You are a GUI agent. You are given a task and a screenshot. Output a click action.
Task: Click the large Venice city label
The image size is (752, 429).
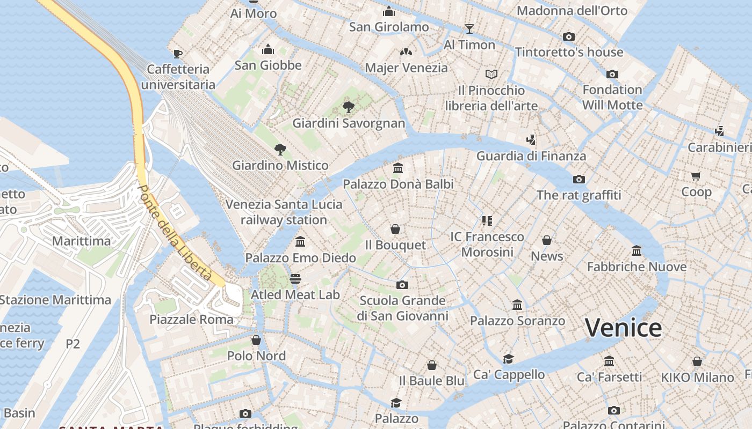click(x=623, y=328)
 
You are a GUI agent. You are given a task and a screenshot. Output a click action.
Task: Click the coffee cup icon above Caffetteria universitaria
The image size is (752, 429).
click(x=178, y=54)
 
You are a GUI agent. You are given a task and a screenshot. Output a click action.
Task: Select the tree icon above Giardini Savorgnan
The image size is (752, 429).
click(x=349, y=107)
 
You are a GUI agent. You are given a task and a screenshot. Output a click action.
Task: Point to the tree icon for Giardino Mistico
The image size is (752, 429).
click(x=280, y=149)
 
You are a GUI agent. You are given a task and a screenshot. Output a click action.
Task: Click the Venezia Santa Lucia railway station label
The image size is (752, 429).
click(x=284, y=212)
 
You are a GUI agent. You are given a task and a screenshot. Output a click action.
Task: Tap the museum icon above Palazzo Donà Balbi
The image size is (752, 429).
click(x=398, y=168)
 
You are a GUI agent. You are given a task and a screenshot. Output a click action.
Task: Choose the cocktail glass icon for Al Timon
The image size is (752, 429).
click(x=469, y=29)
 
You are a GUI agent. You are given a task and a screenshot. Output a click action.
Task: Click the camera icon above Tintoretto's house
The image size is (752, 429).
click(x=569, y=36)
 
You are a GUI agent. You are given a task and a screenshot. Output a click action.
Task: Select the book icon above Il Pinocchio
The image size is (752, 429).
click(x=491, y=74)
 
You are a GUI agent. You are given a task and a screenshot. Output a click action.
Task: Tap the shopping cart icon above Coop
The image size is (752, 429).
click(x=696, y=176)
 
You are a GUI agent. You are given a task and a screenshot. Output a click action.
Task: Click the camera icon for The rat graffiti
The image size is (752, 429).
click(x=579, y=179)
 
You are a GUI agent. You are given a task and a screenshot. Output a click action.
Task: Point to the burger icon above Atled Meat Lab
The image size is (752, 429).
click(x=295, y=279)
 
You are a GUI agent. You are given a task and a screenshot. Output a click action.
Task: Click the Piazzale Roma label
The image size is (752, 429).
click(x=192, y=320)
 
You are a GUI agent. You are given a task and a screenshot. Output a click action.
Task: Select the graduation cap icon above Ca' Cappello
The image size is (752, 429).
click(x=508, y=359)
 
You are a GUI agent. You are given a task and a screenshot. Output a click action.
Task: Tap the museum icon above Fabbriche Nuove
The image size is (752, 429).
click(x=637, y=250)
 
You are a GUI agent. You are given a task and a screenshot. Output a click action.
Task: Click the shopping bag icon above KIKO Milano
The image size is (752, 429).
click(x=697, y=361)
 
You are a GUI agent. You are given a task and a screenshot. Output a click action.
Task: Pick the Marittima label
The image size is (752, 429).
click(x=81, y=241)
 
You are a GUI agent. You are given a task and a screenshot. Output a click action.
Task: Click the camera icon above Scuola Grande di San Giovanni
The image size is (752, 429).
click(x=402, y=285)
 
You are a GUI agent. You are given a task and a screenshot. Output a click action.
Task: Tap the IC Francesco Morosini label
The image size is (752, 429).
click(x=487, y=244)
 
